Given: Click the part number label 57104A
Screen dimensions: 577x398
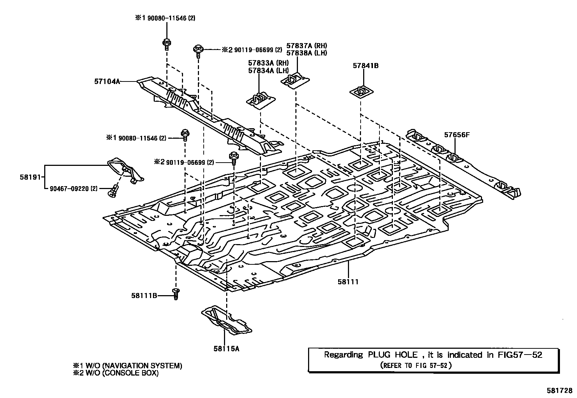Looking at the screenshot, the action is click(107, 81).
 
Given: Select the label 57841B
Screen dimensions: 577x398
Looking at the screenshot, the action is click(366, 66).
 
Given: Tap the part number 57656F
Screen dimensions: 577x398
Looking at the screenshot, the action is click(457, 135).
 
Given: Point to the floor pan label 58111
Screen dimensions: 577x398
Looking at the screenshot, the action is click(348, 282).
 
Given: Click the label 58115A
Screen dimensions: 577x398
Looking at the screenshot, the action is click(226, 349).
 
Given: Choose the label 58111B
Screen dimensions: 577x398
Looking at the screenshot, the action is click(144, 296).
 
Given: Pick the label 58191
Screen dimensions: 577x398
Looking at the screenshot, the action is click(30, 177).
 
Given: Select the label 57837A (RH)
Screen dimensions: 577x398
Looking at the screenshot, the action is click(307, 46).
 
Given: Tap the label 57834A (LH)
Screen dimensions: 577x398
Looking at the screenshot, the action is click(268, 70).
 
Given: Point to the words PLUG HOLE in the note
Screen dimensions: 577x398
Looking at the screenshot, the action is click(393, 355).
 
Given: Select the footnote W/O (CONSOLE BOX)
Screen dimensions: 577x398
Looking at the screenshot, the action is click(122, 373).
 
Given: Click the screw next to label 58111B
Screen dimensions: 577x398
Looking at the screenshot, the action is click(176, 294).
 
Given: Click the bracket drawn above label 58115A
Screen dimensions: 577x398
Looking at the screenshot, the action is click(226, 321).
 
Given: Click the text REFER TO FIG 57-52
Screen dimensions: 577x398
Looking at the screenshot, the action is click(416, 365).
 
